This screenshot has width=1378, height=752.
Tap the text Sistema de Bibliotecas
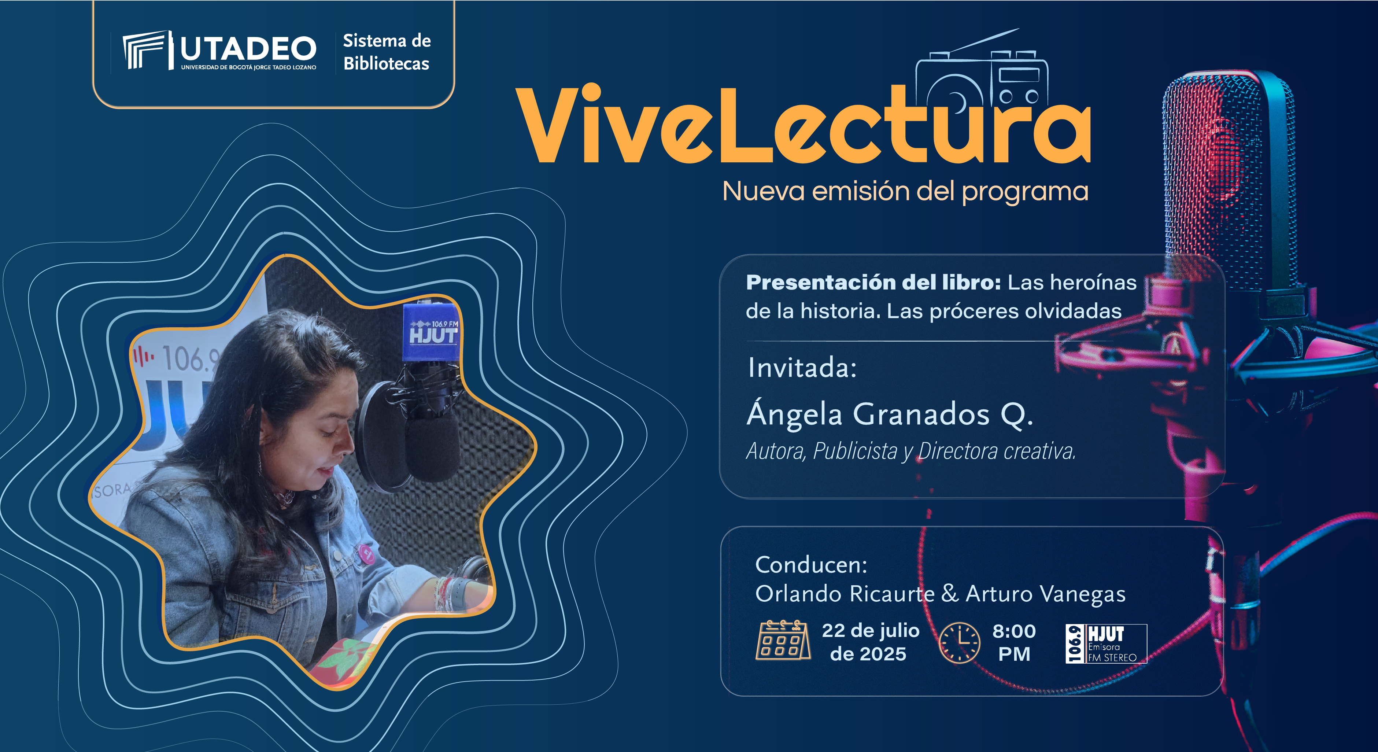pyautogui.click(x=387, y=52)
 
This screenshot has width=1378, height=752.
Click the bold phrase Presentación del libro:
pyautogui.click(x=873, y=282)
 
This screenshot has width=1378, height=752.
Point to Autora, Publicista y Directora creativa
pyautogui.click(x=910, y=451)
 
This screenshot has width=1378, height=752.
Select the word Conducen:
pyautogui.click(x=811, y=565)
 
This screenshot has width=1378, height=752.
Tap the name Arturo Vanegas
pyautogui.click(x=1045, y=594)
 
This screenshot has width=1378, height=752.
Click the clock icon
pyautogui.click(x=960, y=642)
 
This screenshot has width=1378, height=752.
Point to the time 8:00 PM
pyautogui.click(x=1014, y=642)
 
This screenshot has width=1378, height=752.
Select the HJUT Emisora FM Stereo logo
pyautogui.click(x=1106, y=644)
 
